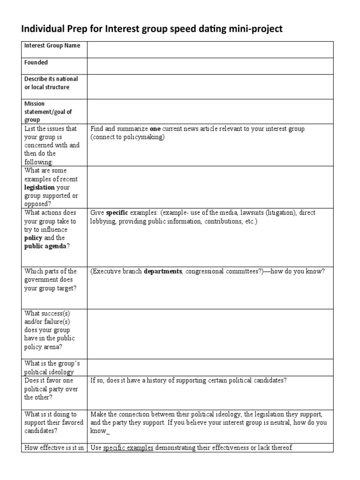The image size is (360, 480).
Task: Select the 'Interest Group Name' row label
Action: tap(52, 45)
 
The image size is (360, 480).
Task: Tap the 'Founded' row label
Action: tap(36, 62)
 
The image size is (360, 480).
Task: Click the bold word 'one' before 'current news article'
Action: tap(155, 129)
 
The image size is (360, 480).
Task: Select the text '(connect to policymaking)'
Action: tap(127, 137)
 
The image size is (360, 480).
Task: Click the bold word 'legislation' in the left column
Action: tap(39, 187)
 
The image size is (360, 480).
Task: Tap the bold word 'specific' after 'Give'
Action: tap(117, 213)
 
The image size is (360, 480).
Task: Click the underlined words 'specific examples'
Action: tap(128, 448)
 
